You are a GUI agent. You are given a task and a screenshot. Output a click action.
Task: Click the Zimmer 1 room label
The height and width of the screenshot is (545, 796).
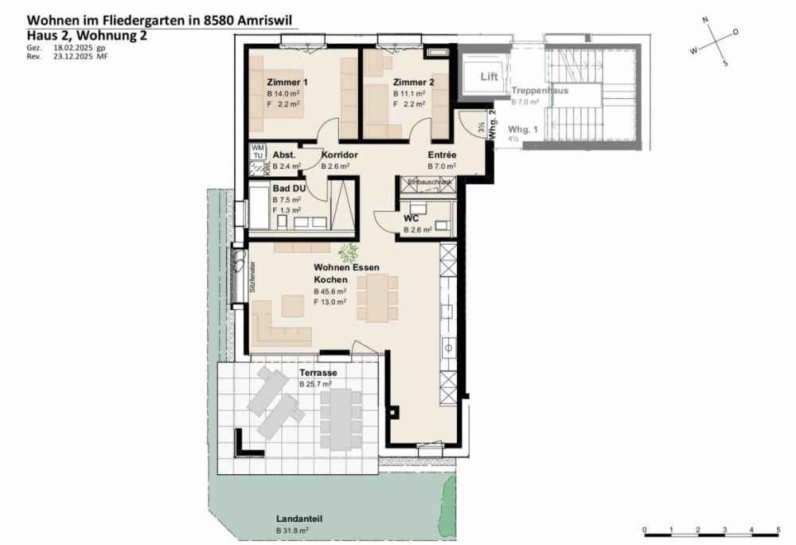pos(287,83)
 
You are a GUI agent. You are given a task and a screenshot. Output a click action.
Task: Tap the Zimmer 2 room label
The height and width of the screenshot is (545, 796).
pos(413,82)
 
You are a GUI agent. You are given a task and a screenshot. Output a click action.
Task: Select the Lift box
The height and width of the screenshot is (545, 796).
pos(489,77)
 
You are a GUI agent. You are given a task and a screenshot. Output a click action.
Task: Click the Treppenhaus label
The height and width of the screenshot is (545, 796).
pos(540,92)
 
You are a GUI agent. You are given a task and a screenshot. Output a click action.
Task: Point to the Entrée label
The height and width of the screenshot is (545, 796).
pos(442,155)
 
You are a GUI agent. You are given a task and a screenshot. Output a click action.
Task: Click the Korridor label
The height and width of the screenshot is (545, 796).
pos(338,155)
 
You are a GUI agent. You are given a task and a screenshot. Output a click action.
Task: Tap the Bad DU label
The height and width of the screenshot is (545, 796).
pos(287,189)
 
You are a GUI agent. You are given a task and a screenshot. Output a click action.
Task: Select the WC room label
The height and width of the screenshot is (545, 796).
pos(412,218)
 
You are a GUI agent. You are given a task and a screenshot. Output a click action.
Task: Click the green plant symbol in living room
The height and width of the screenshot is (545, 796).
pos(347,253)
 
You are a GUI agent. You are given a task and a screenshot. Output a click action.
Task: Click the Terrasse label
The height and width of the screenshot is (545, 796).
pos(318,373)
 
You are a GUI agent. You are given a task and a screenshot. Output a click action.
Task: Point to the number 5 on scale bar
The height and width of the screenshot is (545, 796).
pos(778,529)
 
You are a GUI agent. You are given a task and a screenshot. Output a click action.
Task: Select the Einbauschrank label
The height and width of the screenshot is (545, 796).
pos(429,182)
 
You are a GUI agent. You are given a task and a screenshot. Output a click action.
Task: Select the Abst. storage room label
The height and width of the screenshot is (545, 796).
pos(284,155)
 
